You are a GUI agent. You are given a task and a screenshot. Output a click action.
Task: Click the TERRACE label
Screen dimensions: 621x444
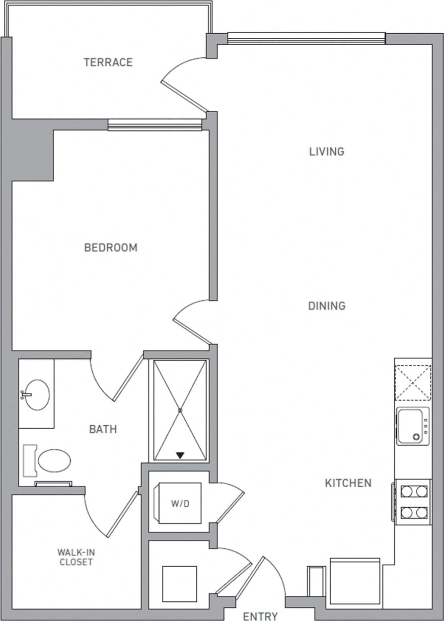tap(108, 62)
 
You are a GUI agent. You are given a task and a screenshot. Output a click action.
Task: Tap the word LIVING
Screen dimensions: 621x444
tap(327, 151)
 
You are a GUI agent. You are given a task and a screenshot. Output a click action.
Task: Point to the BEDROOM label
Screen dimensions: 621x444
tap(111, 248)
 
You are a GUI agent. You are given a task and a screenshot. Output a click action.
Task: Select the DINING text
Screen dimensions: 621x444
tap(327, 306)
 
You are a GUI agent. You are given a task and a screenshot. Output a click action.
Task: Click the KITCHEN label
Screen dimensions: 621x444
tap(348, 483)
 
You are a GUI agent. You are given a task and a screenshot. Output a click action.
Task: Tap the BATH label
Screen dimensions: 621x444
tap(103, 429)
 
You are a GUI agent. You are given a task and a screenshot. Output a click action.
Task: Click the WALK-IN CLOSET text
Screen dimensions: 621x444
tap(76, 557)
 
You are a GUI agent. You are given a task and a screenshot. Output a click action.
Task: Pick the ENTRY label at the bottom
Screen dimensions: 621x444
tap(260, 616)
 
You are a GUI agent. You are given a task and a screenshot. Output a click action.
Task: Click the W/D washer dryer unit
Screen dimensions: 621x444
tap(180, 503)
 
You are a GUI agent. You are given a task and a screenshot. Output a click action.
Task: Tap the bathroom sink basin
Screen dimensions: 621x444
tap(37, 395)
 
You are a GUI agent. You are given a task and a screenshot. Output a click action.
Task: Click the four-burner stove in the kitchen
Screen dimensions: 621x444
tap(413, 502)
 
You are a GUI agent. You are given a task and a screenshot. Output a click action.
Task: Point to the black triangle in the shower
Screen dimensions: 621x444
tap(180, 455)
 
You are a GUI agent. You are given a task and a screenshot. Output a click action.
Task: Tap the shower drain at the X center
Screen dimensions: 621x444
tap(180, 410)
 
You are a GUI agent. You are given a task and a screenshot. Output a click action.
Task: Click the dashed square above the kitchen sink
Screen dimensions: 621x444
tap(413, 382)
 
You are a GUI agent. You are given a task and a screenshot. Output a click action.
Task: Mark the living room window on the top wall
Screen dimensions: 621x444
tap(306, 38)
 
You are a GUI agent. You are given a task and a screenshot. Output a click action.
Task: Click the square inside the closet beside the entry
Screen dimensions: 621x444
tap(180, 584)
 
